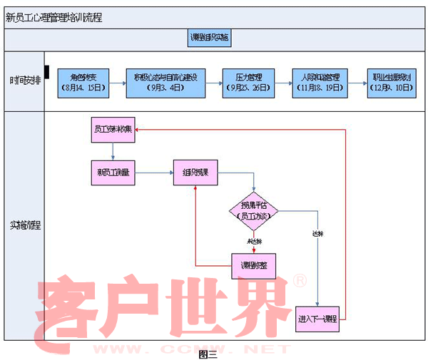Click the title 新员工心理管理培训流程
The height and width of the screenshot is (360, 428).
(54, 17)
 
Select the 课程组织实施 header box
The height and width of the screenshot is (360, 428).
(210, 38)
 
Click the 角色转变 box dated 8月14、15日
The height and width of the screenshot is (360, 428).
(84, 83)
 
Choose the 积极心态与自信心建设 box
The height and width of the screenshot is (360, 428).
(165, 83)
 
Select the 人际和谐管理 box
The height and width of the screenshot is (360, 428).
(320, 83)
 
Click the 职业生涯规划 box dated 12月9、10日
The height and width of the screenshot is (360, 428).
(392, 83)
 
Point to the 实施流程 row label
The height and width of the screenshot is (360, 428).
(24, 225)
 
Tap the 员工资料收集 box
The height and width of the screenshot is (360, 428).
(113, 130)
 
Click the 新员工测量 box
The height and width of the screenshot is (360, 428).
(113, 173)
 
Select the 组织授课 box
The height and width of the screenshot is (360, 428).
(195, 173)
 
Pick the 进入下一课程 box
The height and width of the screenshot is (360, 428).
(317, 319)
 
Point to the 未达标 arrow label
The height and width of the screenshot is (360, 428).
(255, 241)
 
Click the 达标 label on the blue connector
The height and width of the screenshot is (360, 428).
(317, 234)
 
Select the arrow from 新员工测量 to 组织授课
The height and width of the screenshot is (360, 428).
(154, 173)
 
